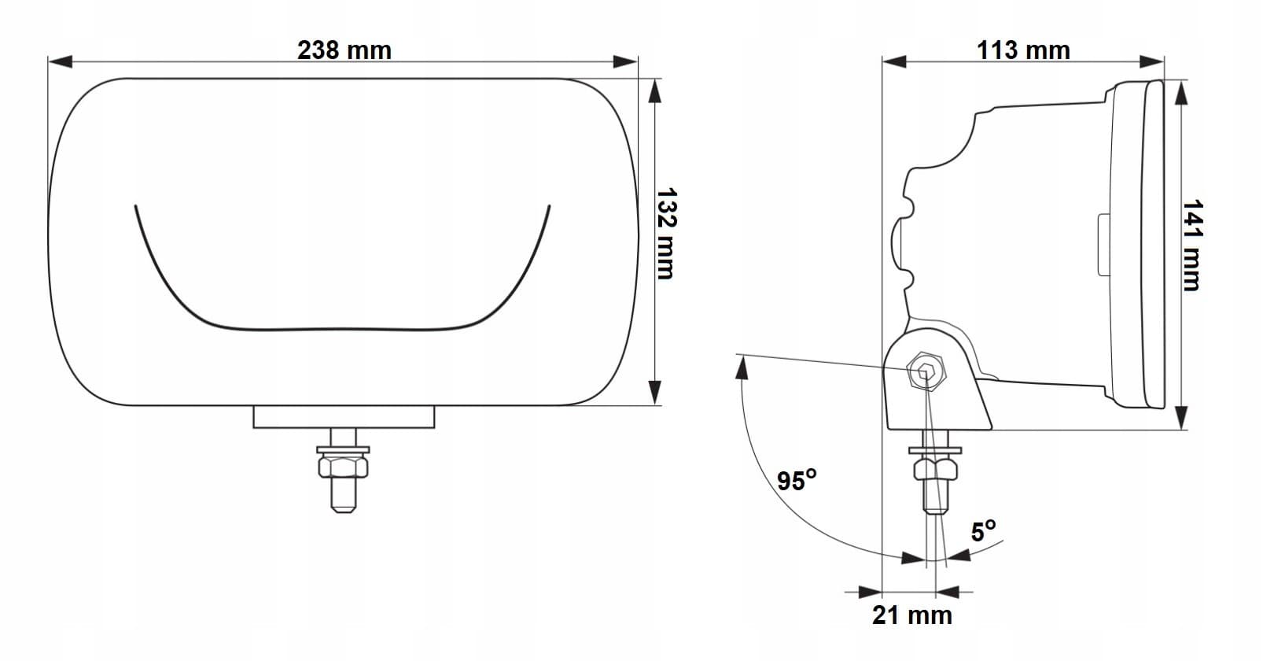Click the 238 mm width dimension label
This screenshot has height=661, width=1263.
(344, 50)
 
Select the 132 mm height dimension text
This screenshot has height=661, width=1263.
(666, 234)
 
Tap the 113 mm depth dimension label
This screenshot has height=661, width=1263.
(1023, 50)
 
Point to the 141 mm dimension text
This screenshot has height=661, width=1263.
(1192, 245)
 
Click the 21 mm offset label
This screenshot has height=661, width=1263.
(911, 615)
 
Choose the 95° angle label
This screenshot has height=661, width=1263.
(797, 480)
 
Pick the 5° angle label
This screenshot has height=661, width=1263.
(983, 530)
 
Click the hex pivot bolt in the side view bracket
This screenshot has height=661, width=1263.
(926, 371)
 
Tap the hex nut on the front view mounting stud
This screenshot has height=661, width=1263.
(343, 467)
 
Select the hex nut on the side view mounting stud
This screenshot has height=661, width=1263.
(935, 469)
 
